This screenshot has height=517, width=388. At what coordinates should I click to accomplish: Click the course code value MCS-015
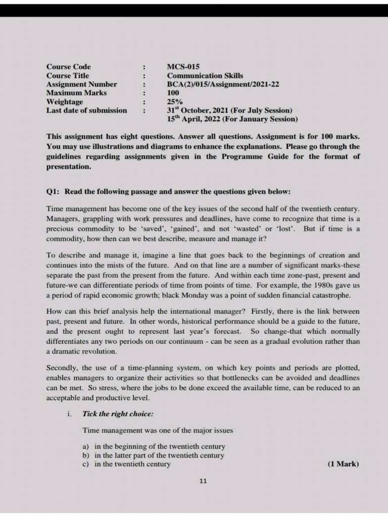pos(183,67)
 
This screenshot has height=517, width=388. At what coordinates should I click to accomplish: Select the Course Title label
pos(68,76)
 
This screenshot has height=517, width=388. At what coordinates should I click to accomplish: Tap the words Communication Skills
pos(205,76)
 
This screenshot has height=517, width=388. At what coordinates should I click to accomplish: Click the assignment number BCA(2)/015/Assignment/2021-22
pos(223,84)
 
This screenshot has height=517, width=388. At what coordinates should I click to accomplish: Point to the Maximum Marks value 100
pos(173,93)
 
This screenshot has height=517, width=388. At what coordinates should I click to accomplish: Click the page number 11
pos(203,481)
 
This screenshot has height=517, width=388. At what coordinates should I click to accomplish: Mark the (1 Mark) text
pos(343,464)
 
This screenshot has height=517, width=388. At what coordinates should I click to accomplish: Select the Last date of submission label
pos(87,111)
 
